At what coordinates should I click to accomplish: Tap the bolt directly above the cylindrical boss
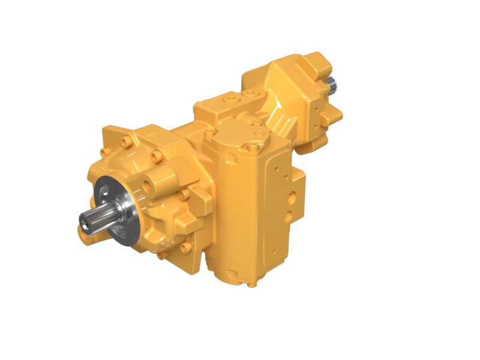(158, 157)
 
